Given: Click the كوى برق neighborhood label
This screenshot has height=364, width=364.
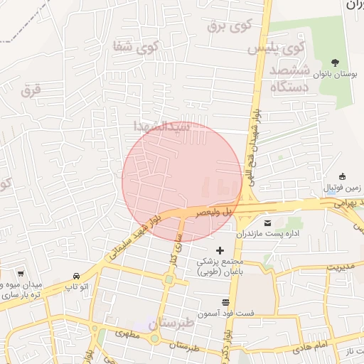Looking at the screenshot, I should click(230, 27).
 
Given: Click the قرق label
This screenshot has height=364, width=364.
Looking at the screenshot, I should click(31, 90).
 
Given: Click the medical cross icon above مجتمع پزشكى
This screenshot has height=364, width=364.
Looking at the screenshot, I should click(220, 250).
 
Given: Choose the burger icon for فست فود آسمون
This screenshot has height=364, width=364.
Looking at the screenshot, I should click(225, 302).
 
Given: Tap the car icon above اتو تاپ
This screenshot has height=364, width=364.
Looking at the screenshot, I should click(76, 276).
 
